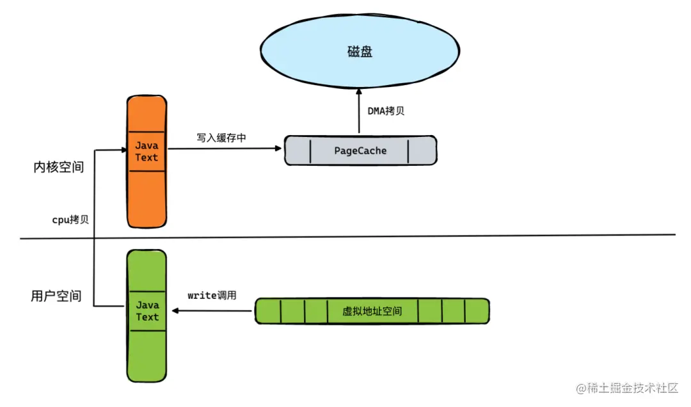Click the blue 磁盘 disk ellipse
click(361, 52)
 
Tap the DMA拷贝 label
click(386, 111)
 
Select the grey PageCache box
click(360, 150)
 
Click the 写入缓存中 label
click(221, 138)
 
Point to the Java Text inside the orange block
click(147, 152)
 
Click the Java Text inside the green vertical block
click(147, 311)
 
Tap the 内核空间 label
click(58, 168)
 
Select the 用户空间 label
click(56, 296)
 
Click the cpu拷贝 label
click(70, 219)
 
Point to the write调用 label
click(212, 296)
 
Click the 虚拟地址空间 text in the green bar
click(372, 311)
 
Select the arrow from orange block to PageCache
click(224, 148)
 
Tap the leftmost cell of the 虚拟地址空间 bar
click(268, 311)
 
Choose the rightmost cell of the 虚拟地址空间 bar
click(477, 311)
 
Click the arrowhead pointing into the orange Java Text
click(122, 151)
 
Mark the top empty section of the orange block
click(147, 114)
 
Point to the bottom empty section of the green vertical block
click(147, 356)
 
